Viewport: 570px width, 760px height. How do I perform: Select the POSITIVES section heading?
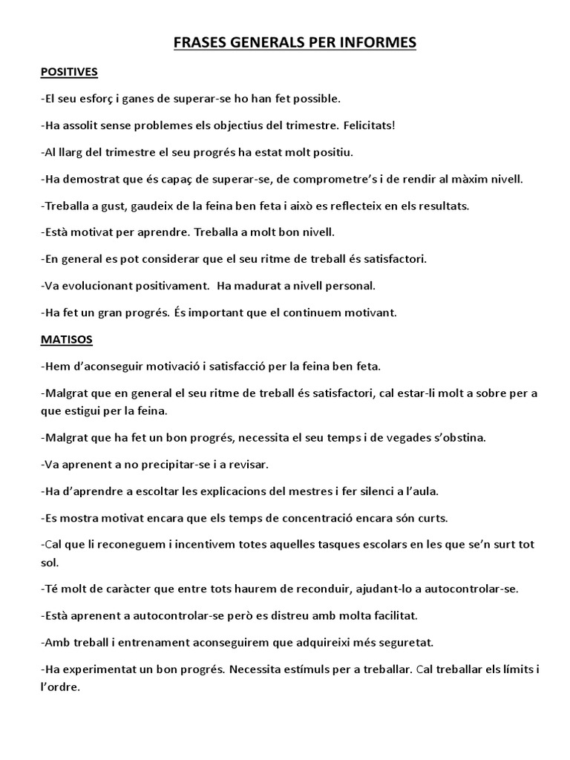69,72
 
